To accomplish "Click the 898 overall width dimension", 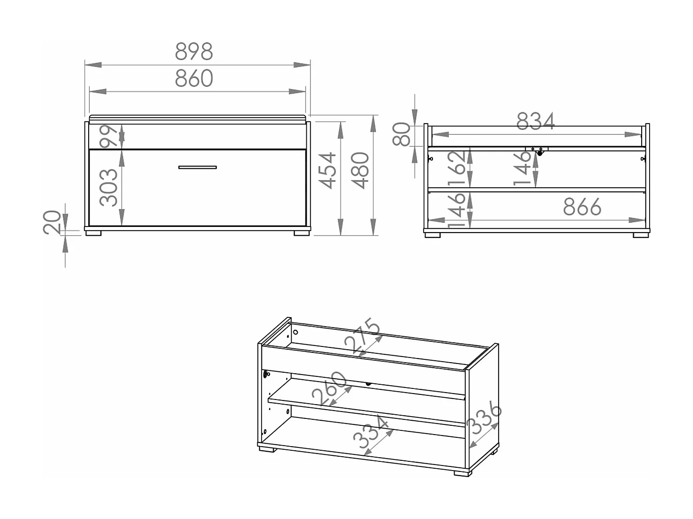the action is click(x=194, y=51).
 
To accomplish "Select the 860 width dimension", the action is click(x=194, y=78).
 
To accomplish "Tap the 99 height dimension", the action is click(x=108, y=136).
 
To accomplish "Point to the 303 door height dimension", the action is click(x=108, y=187).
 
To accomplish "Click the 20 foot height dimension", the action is click(x=52, y=222).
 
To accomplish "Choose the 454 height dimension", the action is click(x=327, y=171).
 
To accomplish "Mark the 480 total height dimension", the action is click(x=360, y=171).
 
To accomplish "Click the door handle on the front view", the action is click(x=197, y=167).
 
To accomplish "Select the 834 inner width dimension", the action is click(x=535, y=121).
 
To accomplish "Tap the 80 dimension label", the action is click(x=401, y=134).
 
